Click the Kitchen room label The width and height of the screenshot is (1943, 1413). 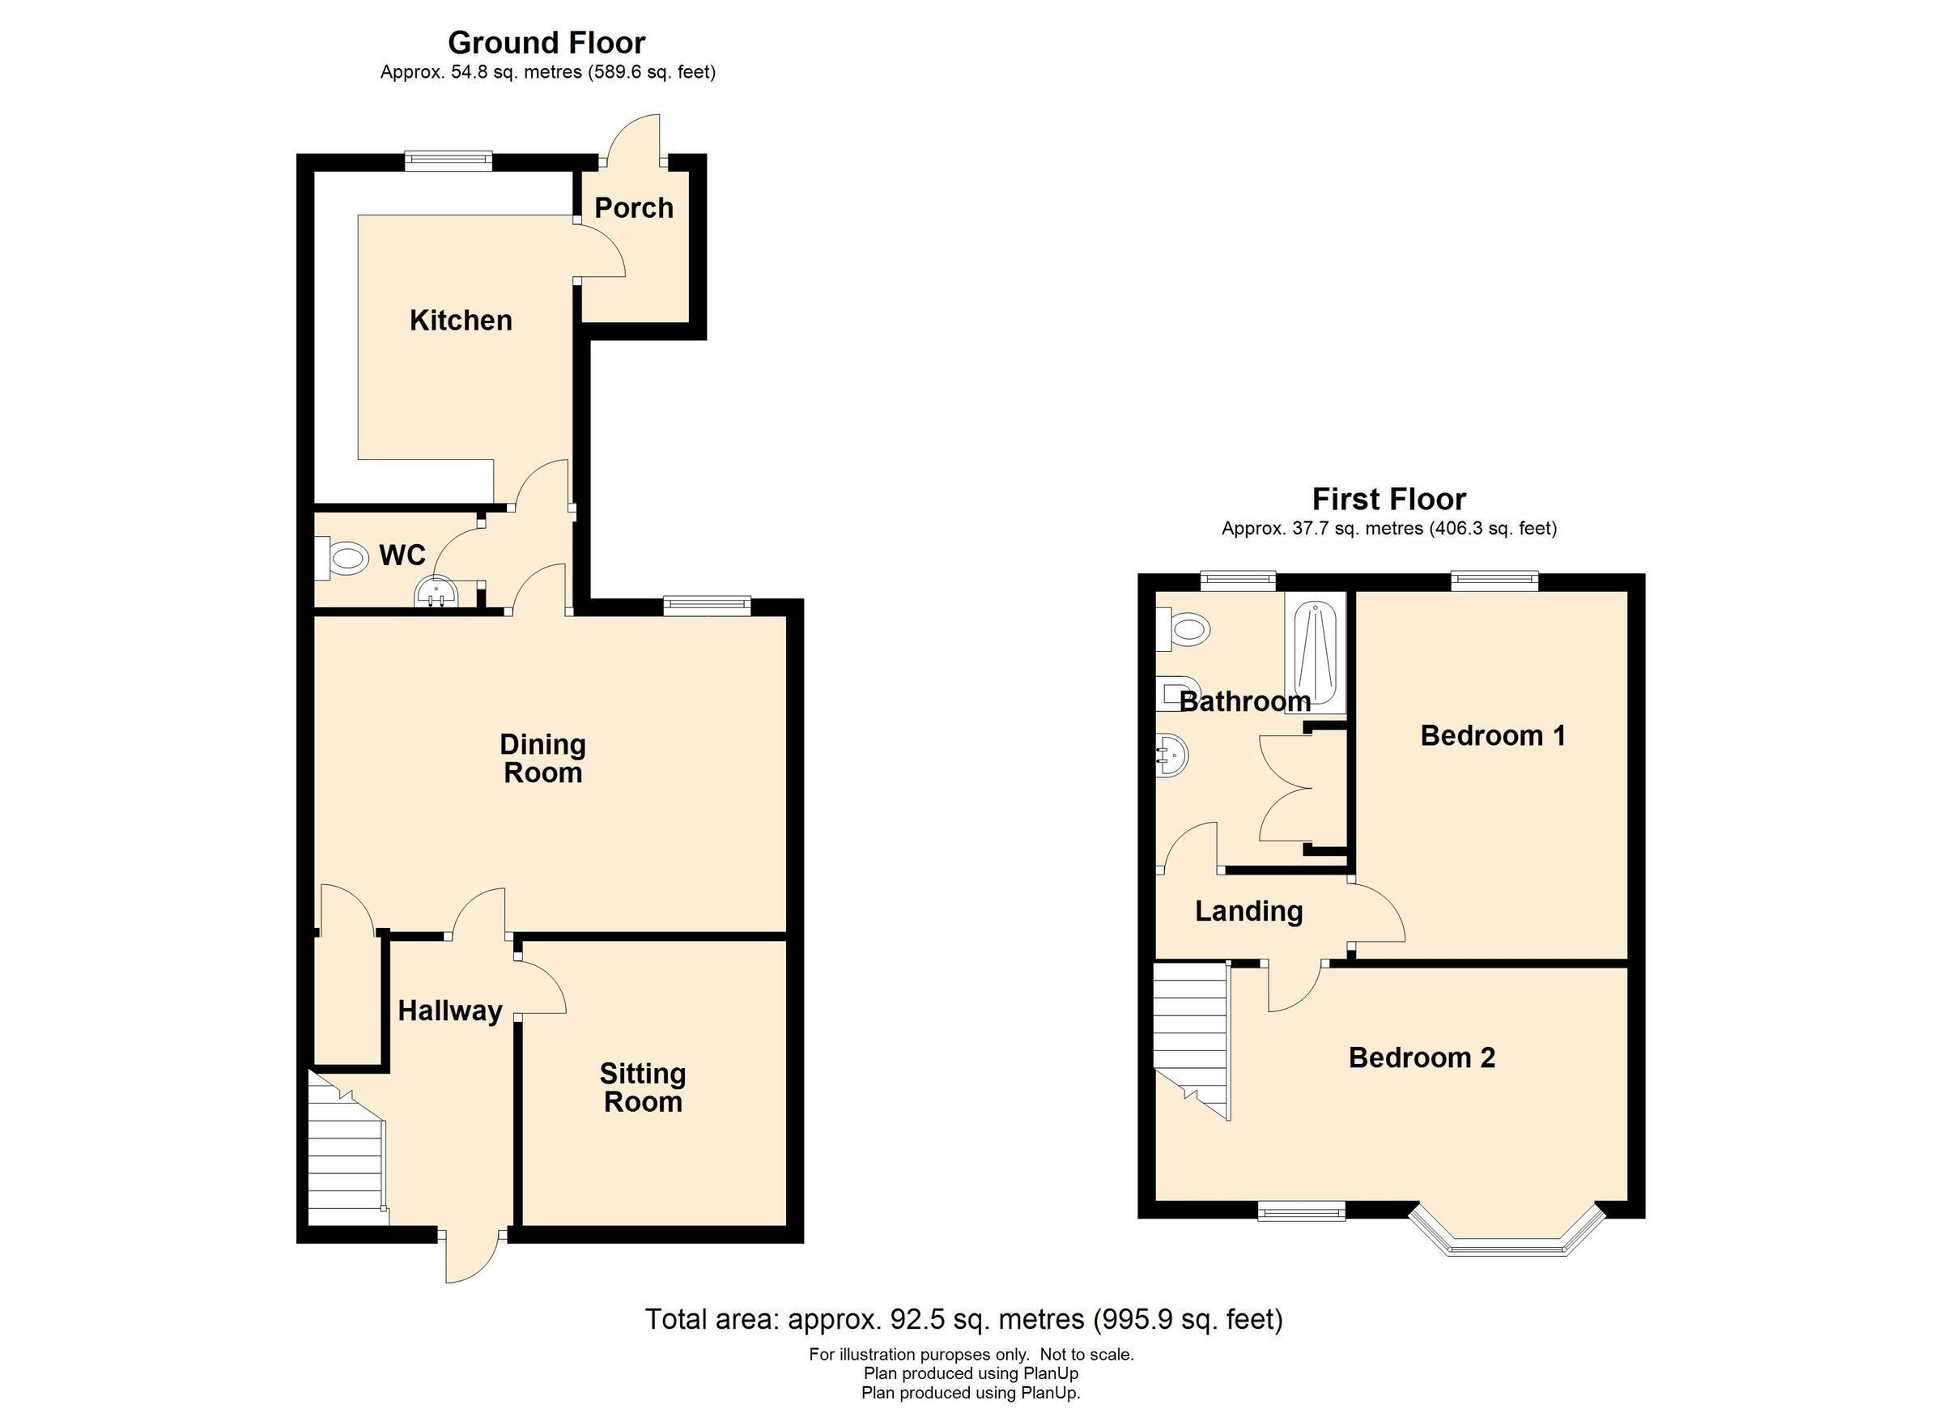coord(461,321)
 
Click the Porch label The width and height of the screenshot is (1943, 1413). coord(633,208)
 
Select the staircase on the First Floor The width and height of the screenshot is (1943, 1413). coord(1191,1036)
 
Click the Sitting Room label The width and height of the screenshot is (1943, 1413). coord(643,1087)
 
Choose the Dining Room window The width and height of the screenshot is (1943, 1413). coord(708,606)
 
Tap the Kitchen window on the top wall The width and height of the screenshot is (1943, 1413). coord(449,160)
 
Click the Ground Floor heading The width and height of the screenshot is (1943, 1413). coord(546,42)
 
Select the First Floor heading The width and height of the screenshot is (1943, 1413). coord(1388,499)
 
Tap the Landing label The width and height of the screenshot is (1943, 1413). coord(1248,911)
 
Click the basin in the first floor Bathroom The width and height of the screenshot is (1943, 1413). coord(1171,755)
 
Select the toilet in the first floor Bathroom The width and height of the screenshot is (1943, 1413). coord(1187,631)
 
